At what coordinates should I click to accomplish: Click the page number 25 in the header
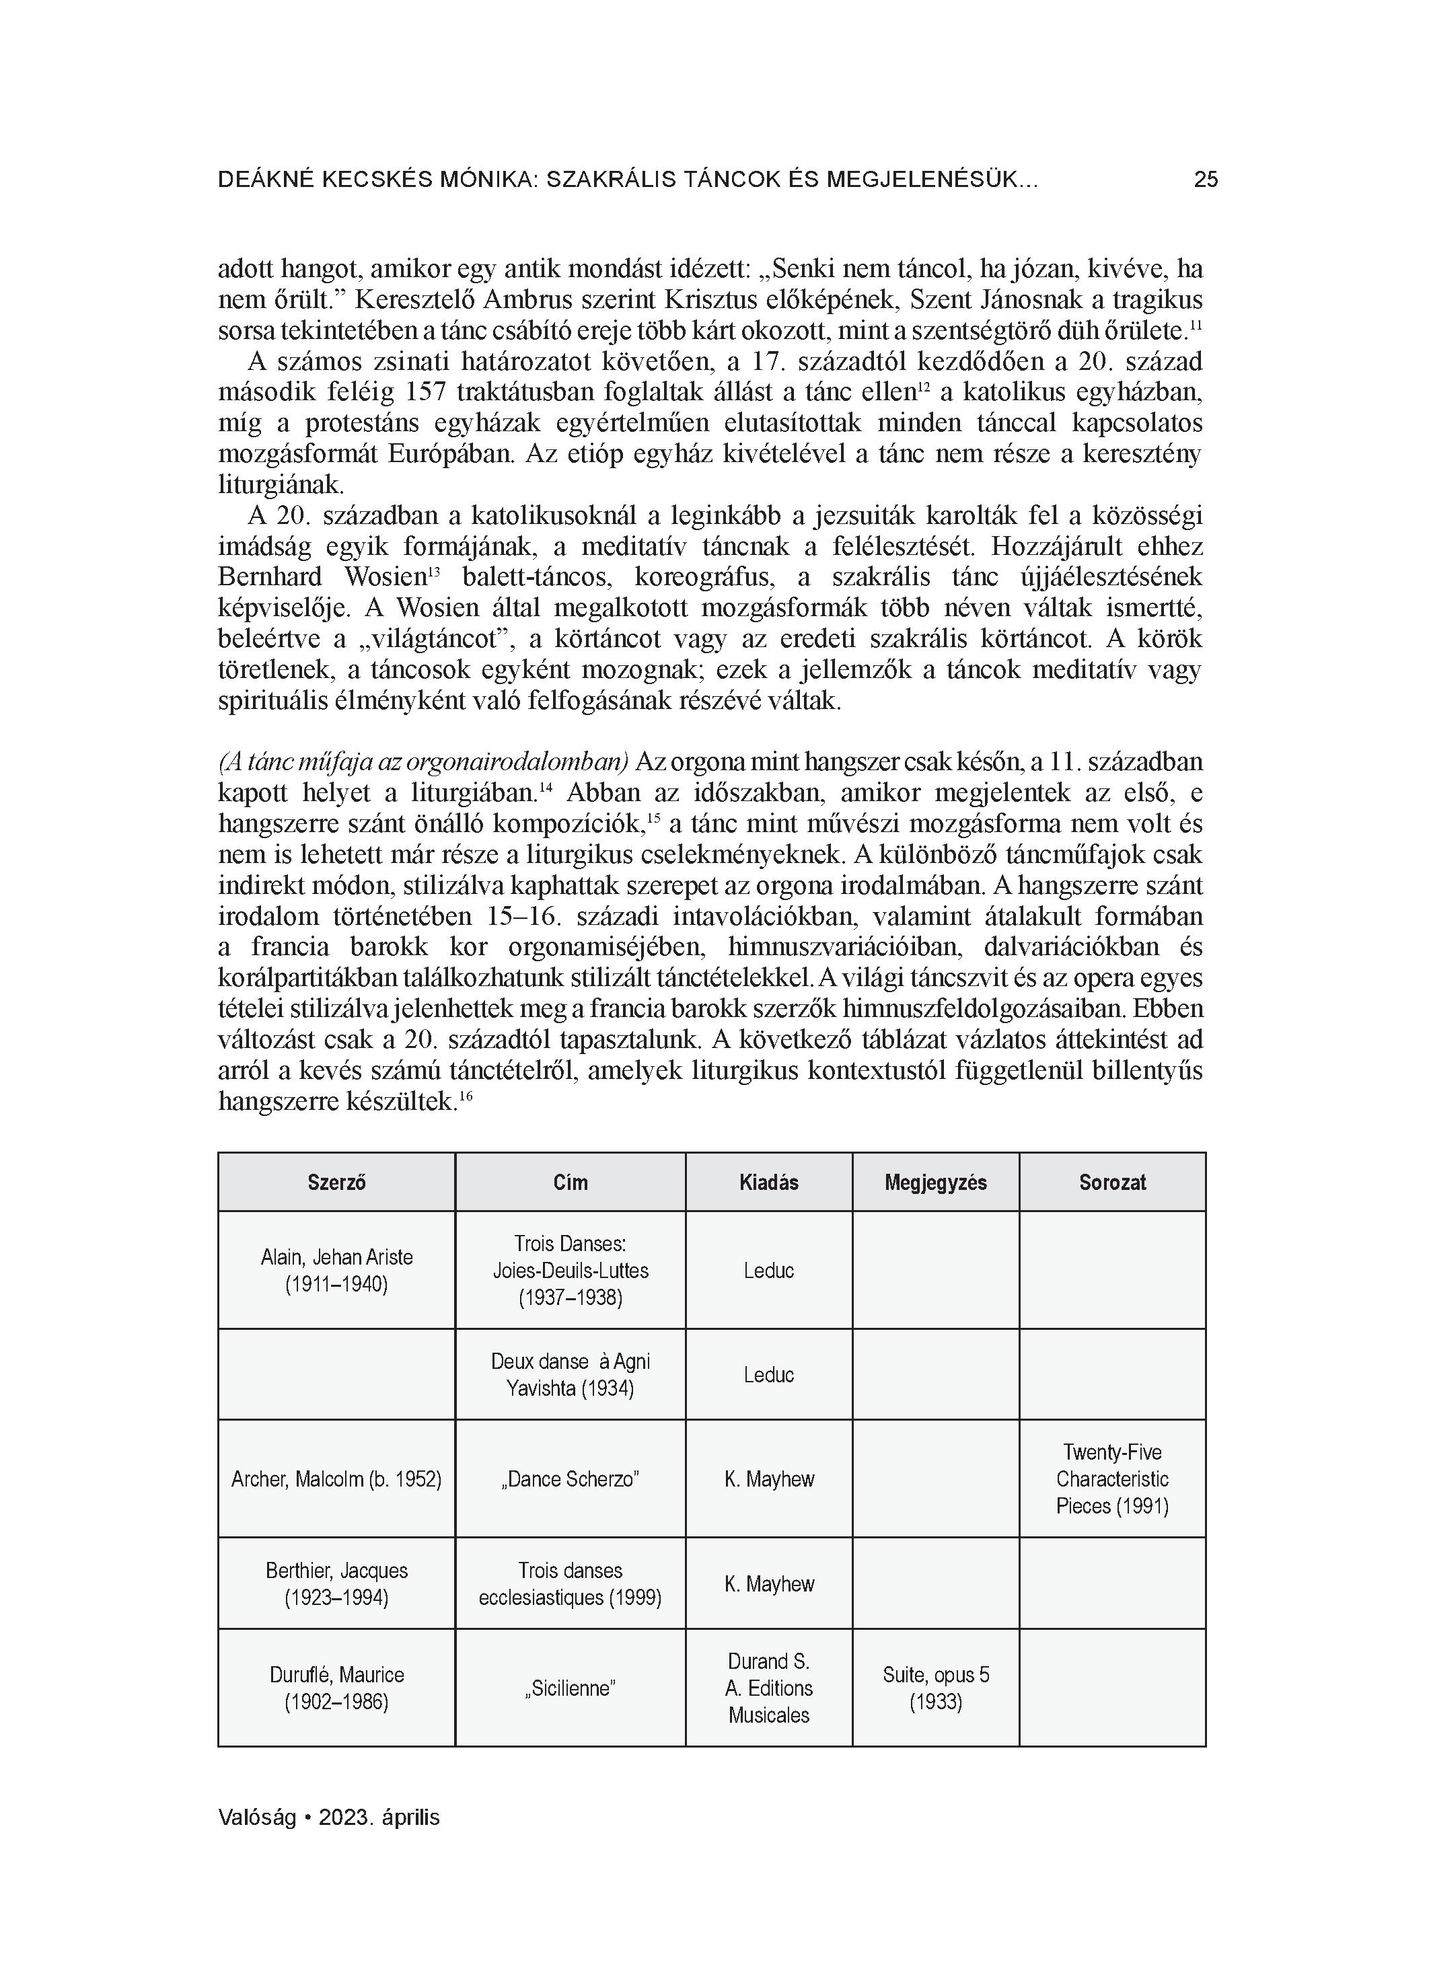pos(1205,180)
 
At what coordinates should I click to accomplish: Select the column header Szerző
pos(336,1183)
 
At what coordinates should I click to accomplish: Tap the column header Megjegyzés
pos(935,1183)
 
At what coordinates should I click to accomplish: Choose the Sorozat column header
pos(1112,1183)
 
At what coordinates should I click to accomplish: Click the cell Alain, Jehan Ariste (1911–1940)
pos(336,1271)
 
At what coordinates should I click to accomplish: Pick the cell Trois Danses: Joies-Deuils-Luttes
pos(570,1271)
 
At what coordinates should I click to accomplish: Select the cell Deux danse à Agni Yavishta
pos(570,1375)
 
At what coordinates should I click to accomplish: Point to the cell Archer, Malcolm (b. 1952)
pos(336,1479)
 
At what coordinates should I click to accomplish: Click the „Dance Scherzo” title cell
pos(570,1479)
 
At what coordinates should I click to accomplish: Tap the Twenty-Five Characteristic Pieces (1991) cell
pos(1112,1479)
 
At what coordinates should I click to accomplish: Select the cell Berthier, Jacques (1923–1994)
pos(336,1584)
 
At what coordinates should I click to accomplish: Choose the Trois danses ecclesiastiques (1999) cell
pos(570,1584)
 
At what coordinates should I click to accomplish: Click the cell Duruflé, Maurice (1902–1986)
pos(336,1688)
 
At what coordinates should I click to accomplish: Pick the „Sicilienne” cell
pos(570,1688)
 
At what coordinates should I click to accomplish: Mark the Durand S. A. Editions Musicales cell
pos(769,1688)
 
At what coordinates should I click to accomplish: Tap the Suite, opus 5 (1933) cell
pos(935,1688)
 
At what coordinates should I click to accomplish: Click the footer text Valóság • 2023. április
pos(328,1818)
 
